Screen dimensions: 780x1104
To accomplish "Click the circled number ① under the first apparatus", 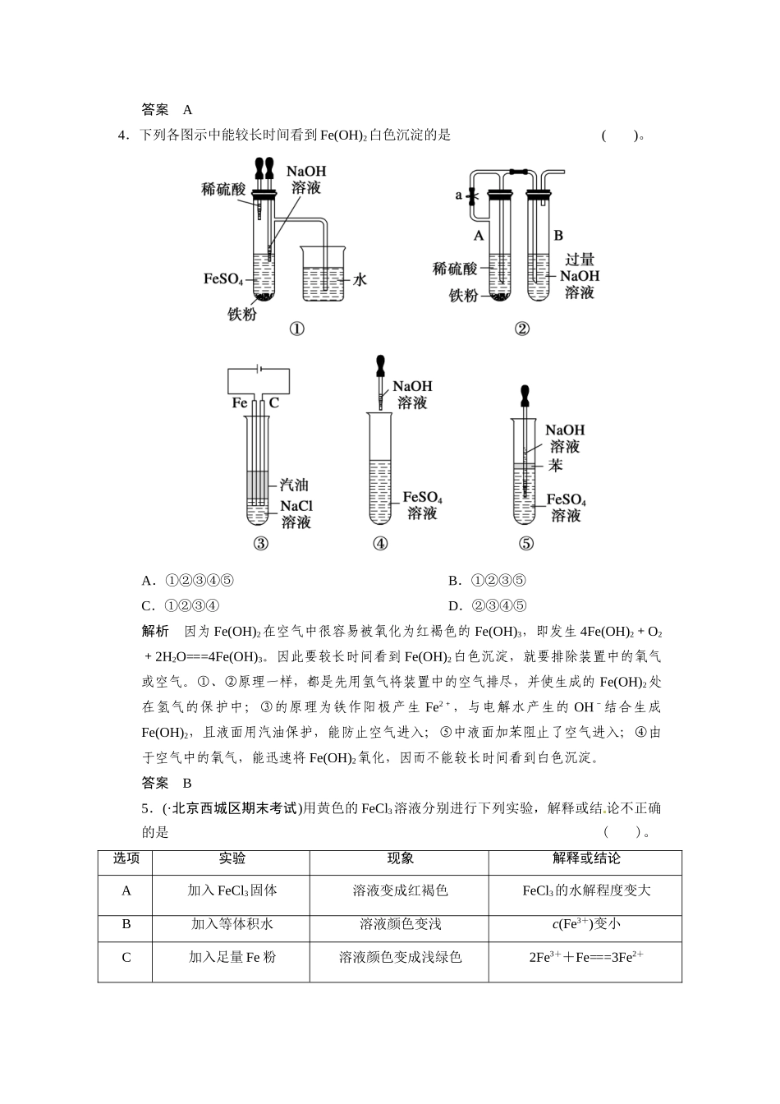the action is [296, 329].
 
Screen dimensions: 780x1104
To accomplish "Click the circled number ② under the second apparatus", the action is [521, 329].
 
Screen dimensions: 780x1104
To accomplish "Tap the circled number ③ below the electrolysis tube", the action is [260, 544].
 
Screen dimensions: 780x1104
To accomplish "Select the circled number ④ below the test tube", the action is [380, 544].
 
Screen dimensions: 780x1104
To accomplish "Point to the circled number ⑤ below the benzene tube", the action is [526, 544].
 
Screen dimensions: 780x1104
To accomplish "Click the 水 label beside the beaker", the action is [360, 279].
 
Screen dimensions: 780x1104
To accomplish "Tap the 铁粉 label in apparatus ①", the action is [242, 314].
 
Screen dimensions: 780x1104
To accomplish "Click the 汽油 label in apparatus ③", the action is [294, 485].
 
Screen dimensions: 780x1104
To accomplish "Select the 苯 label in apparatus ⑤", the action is [556, 465].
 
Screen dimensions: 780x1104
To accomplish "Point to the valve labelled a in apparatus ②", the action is [471, 195].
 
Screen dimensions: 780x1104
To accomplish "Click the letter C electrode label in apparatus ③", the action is [274, 402].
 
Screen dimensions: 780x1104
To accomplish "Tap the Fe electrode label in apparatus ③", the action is [240, 402].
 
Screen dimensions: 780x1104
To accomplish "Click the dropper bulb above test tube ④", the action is [380, 365].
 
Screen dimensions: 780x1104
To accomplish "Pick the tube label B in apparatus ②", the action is [558, 236].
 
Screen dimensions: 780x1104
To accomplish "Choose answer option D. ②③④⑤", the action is [488, 606].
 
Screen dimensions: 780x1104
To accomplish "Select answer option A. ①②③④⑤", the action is [188, 582].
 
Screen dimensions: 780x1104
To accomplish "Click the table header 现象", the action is [400, 858].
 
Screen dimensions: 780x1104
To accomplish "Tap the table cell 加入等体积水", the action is [232, 924].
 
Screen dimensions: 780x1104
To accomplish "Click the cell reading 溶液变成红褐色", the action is [400, 890].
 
